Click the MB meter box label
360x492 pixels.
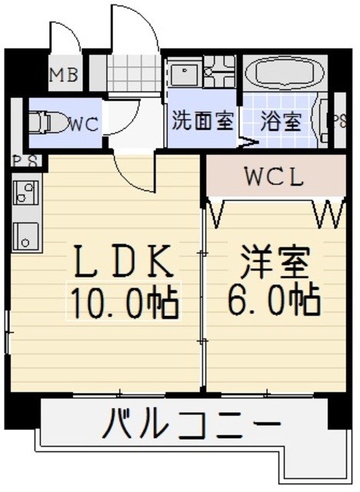coord(65,75)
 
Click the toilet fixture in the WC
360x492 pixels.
coord(48,123)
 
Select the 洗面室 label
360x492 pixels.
coord(203,121)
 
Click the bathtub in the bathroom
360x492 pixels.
coord(285,74)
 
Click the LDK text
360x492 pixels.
coord(124,261)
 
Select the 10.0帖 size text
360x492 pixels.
coord(124,301)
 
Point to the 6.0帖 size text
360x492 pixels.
coord(273,301)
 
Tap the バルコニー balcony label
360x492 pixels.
coord(192,425)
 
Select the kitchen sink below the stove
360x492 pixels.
coord(25,235)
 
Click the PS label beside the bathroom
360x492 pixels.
coord(338,121)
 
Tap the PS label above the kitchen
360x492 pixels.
coord(25,161)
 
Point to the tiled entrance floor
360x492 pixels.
coord(134,73)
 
